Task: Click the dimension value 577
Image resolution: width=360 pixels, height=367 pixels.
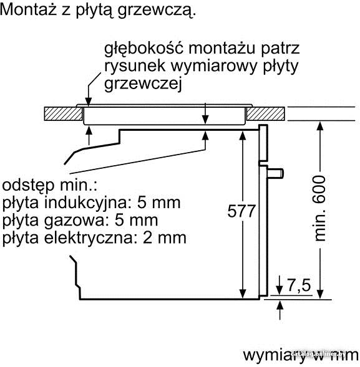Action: click(241, 211)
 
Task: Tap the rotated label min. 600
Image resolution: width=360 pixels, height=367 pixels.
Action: click(319, 209)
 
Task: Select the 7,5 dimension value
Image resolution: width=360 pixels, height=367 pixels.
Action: click(299, 285)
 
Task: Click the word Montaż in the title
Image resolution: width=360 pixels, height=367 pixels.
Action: click(28, 9)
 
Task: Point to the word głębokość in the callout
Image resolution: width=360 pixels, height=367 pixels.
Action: click(144, 49)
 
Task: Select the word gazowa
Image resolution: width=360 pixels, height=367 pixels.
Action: click(74, 220)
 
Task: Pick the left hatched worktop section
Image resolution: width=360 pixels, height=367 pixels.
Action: click(64, 114)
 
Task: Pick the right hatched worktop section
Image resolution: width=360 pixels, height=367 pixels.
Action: click(266, 114)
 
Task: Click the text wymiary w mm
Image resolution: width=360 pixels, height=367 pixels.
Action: click(301, 356)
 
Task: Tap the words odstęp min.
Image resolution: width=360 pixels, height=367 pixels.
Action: click(49, 186)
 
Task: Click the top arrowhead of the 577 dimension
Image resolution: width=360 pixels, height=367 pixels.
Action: click(243, 136)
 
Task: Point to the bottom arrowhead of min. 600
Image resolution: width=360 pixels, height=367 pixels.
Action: click(320, 294)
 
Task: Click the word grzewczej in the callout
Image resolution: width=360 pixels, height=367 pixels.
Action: click(143, 84)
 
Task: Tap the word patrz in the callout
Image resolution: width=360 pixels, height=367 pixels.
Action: click(280, 49)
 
